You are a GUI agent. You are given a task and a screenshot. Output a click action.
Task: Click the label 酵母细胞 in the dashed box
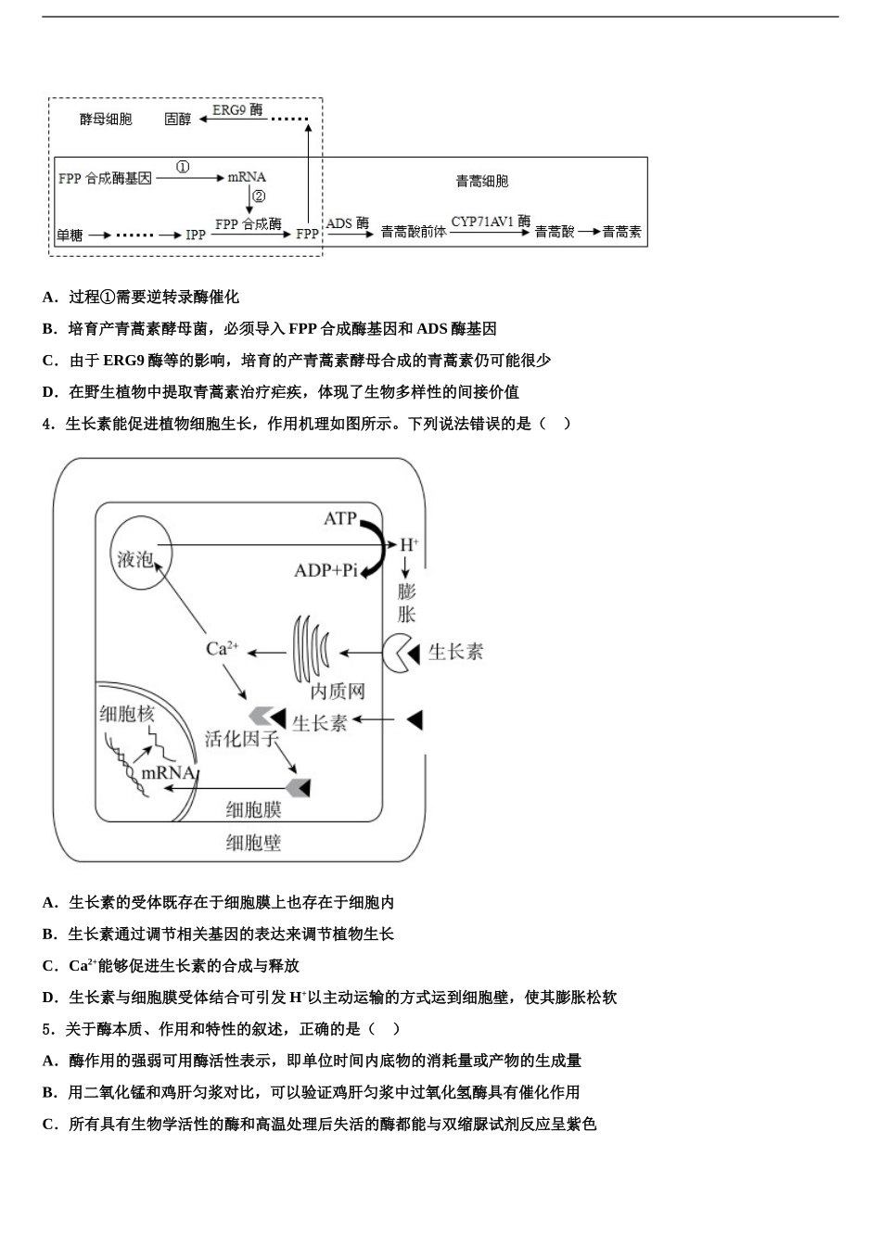point(106,120)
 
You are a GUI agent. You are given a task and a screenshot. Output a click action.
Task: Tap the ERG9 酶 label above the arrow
point(237,110)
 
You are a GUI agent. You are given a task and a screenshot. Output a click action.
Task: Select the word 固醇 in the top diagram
point(177,120)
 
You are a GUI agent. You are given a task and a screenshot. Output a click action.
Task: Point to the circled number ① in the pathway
point(183,167)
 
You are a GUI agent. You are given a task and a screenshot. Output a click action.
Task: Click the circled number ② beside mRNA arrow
point(259,197)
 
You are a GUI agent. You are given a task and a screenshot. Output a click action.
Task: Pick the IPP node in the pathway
point(196,235)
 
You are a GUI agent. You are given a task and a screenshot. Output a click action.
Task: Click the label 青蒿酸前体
point(413,232)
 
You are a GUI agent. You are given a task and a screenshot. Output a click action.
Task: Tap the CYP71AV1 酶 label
point(491,222)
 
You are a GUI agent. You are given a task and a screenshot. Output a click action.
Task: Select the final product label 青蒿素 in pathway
point(621,232)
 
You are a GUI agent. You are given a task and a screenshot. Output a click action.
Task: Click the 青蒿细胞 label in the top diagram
point(482,182)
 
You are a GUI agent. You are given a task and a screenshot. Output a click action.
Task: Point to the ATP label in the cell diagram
point(339,518)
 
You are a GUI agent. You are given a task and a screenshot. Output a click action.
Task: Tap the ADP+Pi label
point(326,570)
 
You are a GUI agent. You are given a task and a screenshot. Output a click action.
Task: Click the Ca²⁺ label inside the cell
point(222,649)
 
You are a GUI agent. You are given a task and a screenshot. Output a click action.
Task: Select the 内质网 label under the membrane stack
point(338,692)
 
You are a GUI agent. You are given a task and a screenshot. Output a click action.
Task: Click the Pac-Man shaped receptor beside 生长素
point(401,654)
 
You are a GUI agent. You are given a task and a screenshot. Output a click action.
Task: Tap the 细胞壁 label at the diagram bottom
point(253,843)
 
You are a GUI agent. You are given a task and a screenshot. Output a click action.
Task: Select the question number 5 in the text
point(46,1029)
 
